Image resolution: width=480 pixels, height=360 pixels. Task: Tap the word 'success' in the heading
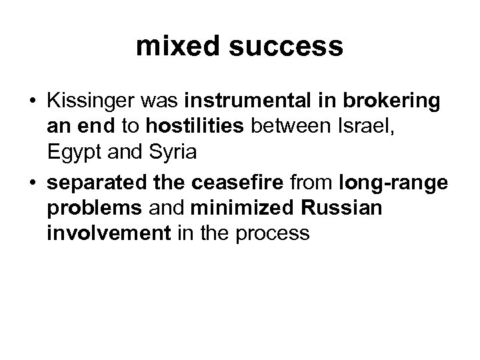tap(287, 47)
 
